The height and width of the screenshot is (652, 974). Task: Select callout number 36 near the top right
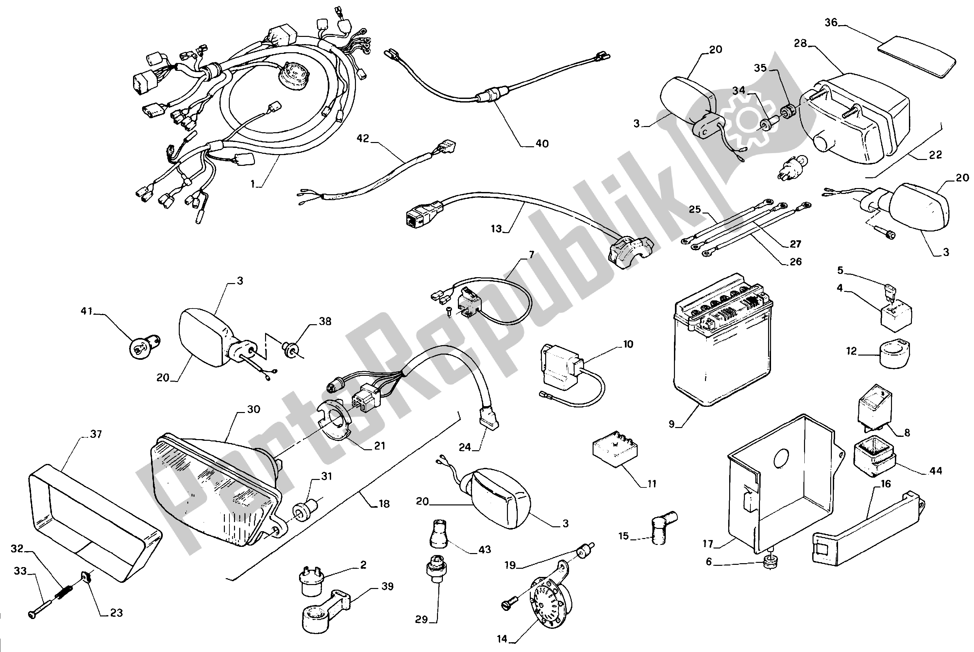(x=831, y=23)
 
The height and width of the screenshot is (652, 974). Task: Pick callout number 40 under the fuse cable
(x=542, y=144)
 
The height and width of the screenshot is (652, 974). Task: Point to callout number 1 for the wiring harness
(x=252, y=184)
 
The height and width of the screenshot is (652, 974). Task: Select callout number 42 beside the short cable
(x=363, y=138)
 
